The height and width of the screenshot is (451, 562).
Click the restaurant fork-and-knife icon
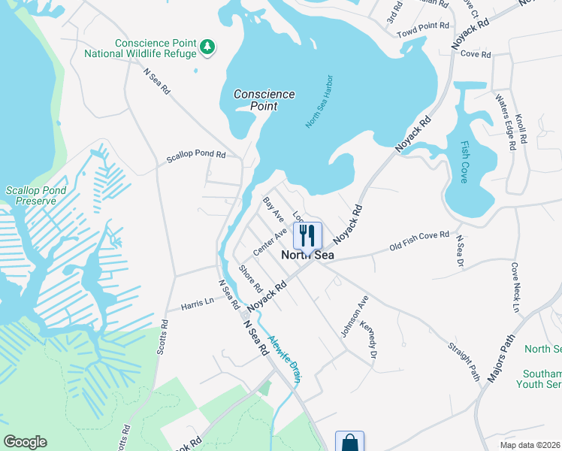[x=307, y=235]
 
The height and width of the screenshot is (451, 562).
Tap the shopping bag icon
[x=349, y=443]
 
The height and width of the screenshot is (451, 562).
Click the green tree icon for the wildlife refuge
[x=207, y=47]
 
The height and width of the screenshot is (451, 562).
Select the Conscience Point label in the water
[x=264, y=100]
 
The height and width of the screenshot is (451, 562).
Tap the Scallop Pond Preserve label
[x=31, y=196]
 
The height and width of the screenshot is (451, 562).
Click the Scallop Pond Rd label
[x=196, y=156]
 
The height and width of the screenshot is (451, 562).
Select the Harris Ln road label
[x=198, y=304]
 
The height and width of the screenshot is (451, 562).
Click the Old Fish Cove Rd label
[x=419, y=241]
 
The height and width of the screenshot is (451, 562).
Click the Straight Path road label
[x=464, y=361]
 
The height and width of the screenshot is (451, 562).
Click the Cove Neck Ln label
[x=515, y=288]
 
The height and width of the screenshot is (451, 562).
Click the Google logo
[x=26, y=442]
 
